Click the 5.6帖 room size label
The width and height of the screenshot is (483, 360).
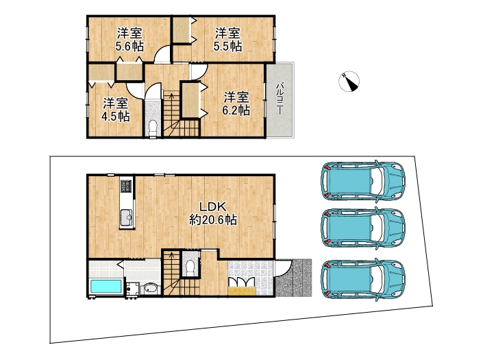pyautogui.click(x=129, y=47)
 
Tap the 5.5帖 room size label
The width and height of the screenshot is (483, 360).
pyautogui.click(x=227, y=46)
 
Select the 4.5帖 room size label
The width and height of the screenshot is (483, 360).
pyautogui.click(x=116, y=117)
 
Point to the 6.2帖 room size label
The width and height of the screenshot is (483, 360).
pyautogui.click(x=236, y=110)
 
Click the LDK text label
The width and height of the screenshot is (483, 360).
pyautogui.click(x=213, y=206)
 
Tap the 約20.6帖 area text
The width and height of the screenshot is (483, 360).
pyautogui.click(x=213, y=219)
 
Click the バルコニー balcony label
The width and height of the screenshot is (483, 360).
pyautogui.click(x=280, y=99)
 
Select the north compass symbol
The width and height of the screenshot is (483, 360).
pyautogui.click(x=349, y=82)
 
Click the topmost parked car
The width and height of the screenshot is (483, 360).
pyautogui.click(x=363, y=180)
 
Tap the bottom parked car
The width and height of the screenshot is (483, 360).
pyautogui.click(x=363, y=278)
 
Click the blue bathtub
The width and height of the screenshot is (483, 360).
pyautogui.click(x=106, y=287)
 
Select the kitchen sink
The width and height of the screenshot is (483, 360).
pyautogui.click(x=127, y=217)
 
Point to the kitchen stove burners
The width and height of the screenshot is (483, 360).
pyautogui.click(x=127, y=186)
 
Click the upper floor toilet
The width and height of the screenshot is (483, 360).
pyautogui.click(x=153, y=128)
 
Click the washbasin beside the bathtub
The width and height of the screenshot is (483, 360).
pyautogui.click(x=151, y=289)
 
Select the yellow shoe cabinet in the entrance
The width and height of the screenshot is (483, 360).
pyautogui.click(x=242, y=291)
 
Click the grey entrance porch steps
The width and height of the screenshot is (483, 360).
pyautogui.click(x=294, y=278)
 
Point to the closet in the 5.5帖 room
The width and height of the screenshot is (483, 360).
pyautogui.click(x=182, y=30)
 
